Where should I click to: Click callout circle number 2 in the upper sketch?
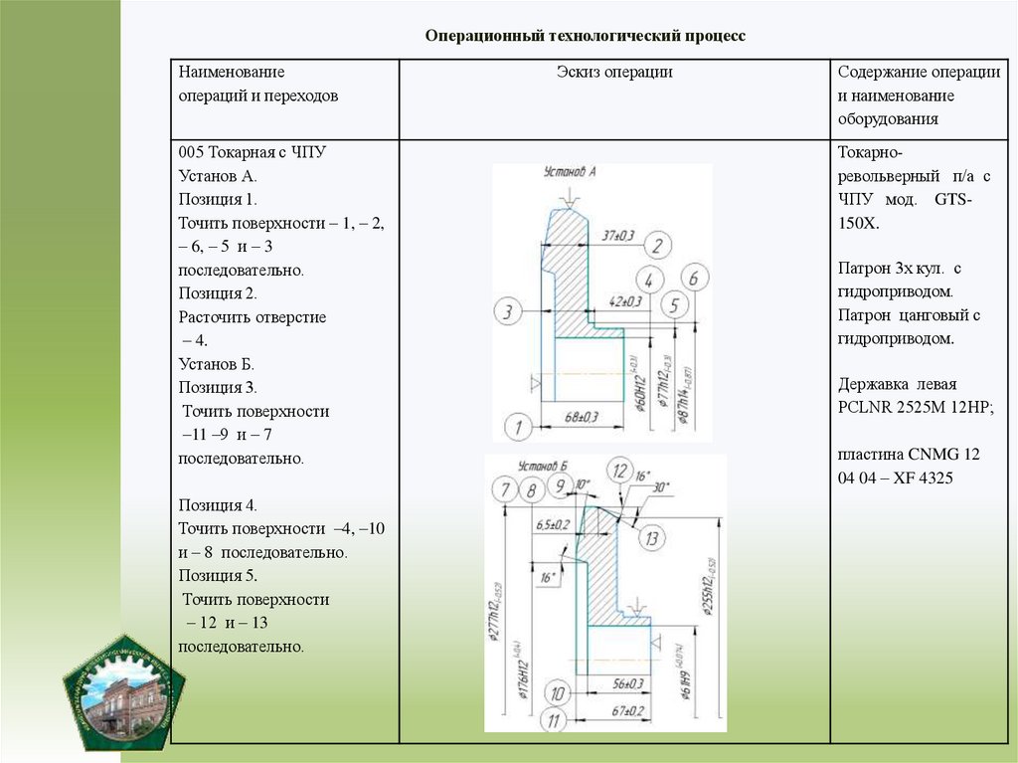(659, 245)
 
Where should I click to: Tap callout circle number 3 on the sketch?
(508, 312)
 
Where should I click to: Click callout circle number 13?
(651, 538)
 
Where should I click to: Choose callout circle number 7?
(506, 488)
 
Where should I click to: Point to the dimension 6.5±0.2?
(553, 523)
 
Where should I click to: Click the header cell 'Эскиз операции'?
(614, 73)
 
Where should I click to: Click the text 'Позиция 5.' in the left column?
(218, 575)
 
